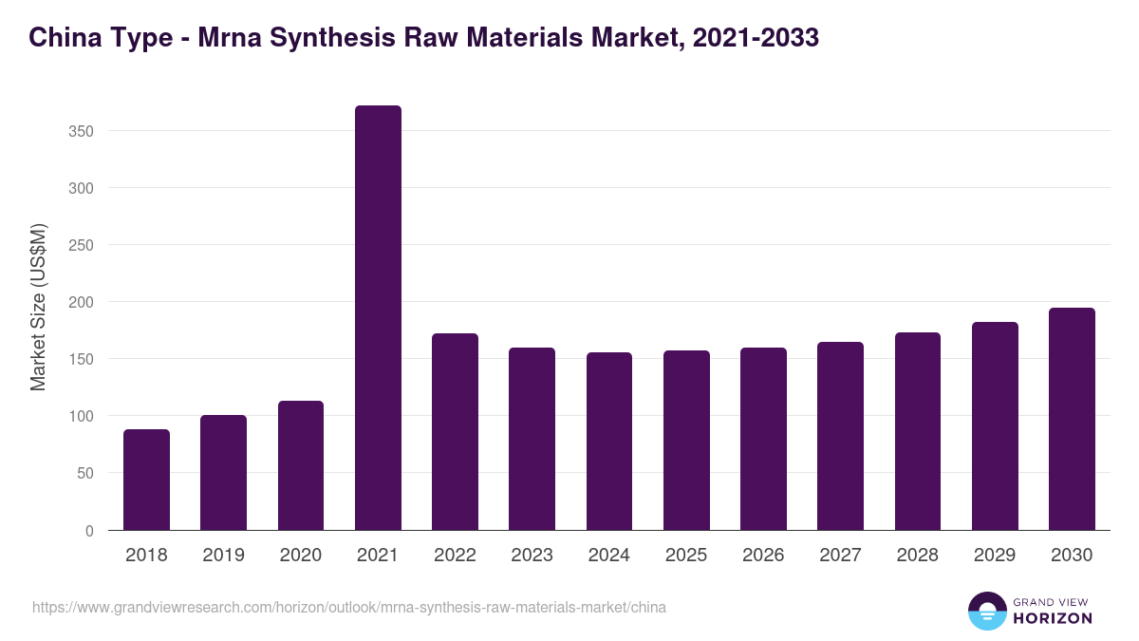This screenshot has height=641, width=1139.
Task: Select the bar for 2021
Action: [x=378, y=318]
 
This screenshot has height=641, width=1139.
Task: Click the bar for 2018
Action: [x=146, y=480]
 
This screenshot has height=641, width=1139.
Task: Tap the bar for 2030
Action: [x=1072, y=419]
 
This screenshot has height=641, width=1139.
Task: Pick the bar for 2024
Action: [x=608, y=442]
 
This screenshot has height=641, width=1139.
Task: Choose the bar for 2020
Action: [x=301, y=465]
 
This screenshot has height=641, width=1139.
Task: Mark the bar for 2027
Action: [x=840, y=436]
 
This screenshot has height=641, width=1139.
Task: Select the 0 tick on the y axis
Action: [x=89, y=531]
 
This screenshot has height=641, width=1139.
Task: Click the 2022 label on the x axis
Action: [x=455, y=556]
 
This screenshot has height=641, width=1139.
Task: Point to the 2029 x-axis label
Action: [x=995, y=556]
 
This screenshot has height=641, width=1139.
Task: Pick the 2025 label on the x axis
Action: [x=686, y=556]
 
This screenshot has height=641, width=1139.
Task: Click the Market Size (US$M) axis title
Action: [x=38, y=307]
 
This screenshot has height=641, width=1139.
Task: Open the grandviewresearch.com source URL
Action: [x=349, y=607]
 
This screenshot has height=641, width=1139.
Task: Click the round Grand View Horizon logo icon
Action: [x=987, y=611]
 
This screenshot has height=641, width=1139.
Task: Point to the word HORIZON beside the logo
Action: [x=1054, y=618]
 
